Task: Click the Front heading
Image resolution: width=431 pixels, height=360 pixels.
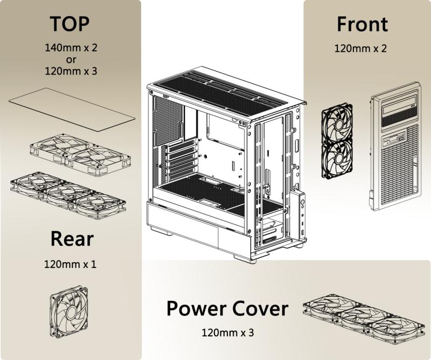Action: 362,24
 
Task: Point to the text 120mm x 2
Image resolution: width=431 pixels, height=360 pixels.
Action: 360,48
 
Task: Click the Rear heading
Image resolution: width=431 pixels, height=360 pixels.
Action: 72,239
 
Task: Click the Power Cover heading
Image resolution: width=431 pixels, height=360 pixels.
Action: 227,309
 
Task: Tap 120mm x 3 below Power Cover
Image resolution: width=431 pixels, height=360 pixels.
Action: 227,332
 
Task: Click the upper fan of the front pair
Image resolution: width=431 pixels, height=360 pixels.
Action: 337,122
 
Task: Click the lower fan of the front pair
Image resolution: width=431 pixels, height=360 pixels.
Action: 337,157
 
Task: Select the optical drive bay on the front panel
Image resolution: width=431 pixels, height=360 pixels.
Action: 401,114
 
